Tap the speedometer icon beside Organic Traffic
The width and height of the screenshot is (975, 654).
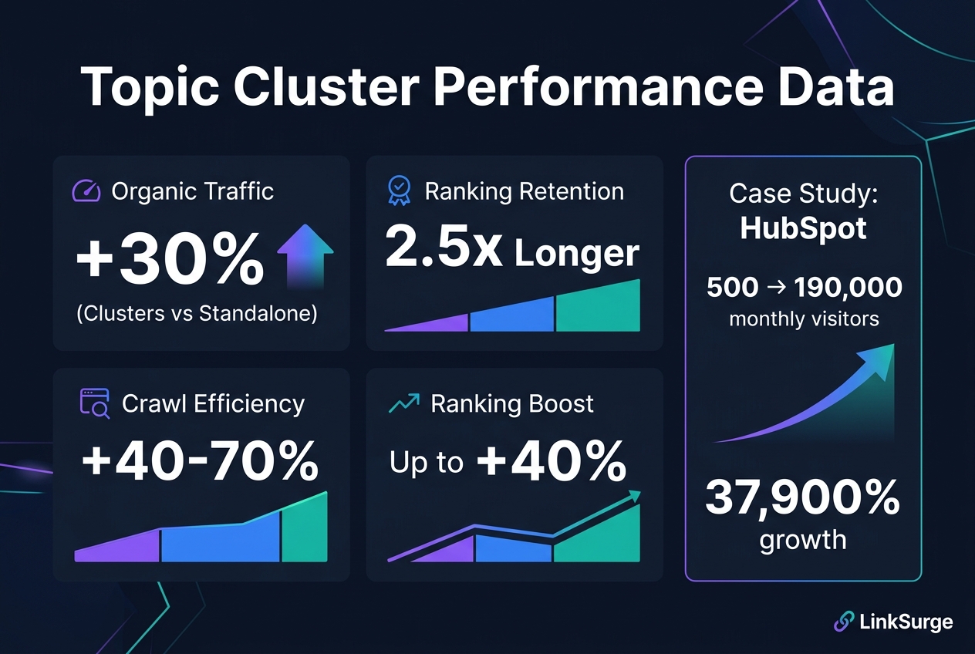coord(86,190)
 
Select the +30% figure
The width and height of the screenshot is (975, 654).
coord(170,261)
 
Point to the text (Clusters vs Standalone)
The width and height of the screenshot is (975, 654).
coord(197,315)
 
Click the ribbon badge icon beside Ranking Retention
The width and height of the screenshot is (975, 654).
coord(399,190)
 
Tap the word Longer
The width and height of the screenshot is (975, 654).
coord(577,253)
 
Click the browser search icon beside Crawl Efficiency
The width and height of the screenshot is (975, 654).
coord(95,403)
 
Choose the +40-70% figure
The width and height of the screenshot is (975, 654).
coord(200,462)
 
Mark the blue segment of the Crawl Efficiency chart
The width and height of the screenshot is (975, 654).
coord(220,540)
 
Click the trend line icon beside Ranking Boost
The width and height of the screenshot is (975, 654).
coord(404,403)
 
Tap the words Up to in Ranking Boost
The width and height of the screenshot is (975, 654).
coord(426,462)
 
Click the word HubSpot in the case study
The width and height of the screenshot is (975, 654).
coord(802,228)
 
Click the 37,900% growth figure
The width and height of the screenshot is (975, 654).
coord(802,498)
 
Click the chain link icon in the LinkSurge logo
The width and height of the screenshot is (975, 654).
coord(844,622)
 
